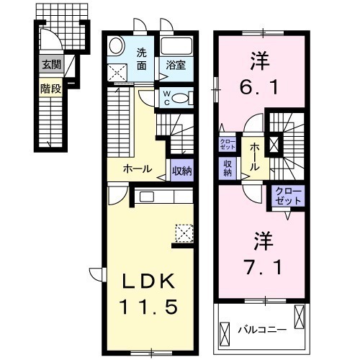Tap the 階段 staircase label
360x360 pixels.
point(50,90)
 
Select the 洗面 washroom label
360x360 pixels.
point(143,58)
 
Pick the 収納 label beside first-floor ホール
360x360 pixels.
point(181,171)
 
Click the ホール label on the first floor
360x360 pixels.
point(138,170)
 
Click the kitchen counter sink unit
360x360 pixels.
point(163,197)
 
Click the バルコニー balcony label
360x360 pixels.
point(264,329)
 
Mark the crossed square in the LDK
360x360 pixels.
point(184,232)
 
